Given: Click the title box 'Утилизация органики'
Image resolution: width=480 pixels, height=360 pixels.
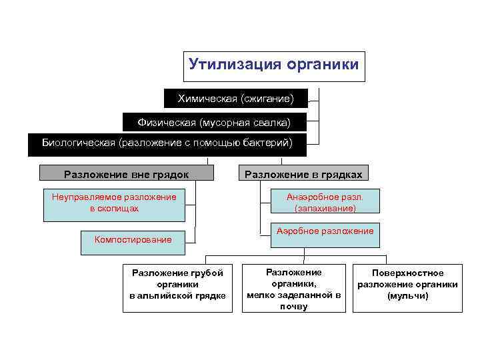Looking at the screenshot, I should [x=274, y=66].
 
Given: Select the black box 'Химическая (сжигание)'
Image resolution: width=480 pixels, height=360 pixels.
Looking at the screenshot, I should [x=235, y=99].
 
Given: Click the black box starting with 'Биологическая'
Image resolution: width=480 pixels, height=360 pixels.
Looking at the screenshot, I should [x=167, y=144].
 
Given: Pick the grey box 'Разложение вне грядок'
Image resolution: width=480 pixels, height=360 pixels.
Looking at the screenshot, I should [x=127, y=174].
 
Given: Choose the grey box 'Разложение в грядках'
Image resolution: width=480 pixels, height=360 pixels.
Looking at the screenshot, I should [x=303, y=174].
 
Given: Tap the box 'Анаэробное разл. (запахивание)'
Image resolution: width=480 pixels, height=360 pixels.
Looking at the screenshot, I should [x=325, y=203].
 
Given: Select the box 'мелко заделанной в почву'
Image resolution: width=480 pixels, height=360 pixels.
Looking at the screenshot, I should [x=294, y=289].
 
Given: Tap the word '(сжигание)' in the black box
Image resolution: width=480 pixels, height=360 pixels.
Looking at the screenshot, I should [x=267, y=99].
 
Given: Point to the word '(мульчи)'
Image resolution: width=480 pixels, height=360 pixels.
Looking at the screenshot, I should [x=407, y=296].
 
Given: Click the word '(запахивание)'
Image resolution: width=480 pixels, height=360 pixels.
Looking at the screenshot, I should [x=325, y=209].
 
